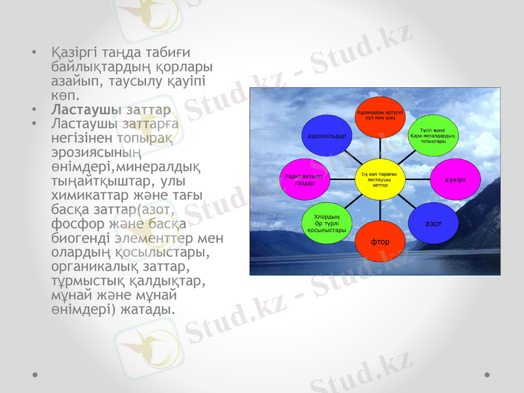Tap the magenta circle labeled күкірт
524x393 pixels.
451,179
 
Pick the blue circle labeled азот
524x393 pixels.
432,223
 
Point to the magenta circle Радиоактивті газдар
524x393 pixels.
305,179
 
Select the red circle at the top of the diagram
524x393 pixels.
380,117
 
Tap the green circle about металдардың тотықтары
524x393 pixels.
432,135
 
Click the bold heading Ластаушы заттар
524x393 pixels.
112,109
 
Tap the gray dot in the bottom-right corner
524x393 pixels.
487,375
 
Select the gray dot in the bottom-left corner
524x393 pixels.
33,375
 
